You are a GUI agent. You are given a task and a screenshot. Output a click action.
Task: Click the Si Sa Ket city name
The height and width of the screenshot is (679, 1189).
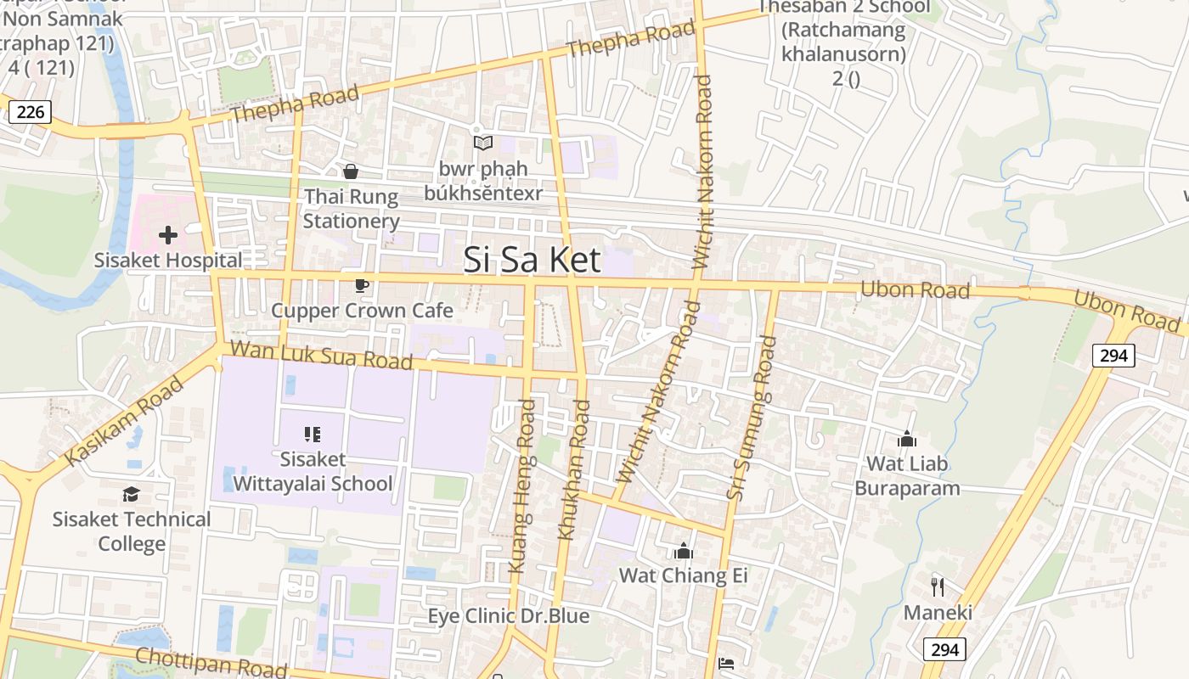533,260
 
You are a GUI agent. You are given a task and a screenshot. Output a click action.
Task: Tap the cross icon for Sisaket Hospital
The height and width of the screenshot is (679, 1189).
168,234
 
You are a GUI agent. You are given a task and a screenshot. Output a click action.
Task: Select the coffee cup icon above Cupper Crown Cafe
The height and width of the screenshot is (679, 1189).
362,285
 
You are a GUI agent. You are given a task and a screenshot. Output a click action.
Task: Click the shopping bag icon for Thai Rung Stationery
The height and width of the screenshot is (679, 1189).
351,172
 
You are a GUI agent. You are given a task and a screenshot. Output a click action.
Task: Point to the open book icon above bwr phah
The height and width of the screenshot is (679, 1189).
483,143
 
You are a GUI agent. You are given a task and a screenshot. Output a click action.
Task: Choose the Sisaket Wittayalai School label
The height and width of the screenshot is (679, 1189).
313,472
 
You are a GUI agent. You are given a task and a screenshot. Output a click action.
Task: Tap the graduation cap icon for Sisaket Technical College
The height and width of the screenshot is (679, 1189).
131,494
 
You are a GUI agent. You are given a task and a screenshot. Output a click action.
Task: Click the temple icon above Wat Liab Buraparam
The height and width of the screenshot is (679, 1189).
907,439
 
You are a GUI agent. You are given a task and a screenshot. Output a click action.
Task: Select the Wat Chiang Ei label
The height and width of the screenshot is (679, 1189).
683,575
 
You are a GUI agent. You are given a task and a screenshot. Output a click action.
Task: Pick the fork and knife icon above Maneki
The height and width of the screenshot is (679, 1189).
938,586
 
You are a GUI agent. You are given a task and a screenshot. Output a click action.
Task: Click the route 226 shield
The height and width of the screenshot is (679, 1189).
30,111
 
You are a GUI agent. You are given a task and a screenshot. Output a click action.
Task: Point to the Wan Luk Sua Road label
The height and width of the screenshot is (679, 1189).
321,355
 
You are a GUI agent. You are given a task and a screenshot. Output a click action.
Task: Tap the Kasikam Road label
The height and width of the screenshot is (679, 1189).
124,422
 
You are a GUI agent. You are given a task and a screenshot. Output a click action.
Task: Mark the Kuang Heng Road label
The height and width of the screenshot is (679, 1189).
521,486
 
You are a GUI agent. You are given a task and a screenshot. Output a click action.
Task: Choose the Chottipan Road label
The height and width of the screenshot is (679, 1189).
211,662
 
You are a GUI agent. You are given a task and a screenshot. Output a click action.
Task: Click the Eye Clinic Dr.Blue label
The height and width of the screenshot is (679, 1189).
508,615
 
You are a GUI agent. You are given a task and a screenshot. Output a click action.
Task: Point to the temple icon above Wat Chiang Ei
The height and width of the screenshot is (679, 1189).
684,552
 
